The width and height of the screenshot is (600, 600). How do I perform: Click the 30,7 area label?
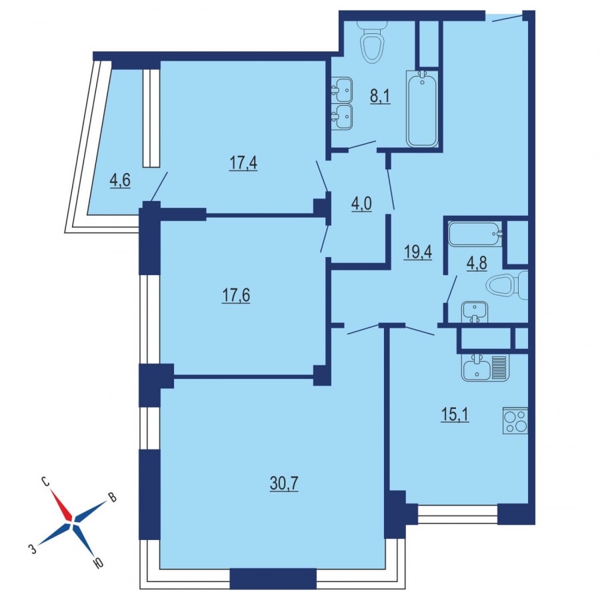tap(284, 483)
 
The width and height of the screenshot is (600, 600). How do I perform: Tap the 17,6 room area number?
tap(235, 296)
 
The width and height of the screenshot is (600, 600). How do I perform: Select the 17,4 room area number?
tap(243, 163)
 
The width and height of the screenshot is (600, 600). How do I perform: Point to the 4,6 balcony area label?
tap(120, 180)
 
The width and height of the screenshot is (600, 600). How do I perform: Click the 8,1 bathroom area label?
tap(380, 96)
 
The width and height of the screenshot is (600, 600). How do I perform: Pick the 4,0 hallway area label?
tap(361, 204)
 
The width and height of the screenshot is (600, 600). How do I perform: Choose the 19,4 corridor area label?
tap(418, 252)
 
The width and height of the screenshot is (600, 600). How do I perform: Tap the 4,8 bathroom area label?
tap(477, 263)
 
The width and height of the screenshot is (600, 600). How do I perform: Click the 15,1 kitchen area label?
tap(455, 414)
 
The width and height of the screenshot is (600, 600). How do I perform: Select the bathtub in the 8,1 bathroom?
tap(421, 109)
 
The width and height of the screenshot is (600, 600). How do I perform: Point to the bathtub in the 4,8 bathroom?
tap(475, 234)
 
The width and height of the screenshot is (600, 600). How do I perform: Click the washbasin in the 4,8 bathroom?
tap(474, 312)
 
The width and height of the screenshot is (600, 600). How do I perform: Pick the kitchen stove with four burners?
tap(515, 421)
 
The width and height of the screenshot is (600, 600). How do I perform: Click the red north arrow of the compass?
tap(61, 505)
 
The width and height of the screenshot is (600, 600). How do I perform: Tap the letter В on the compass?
tap(112, 497)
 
